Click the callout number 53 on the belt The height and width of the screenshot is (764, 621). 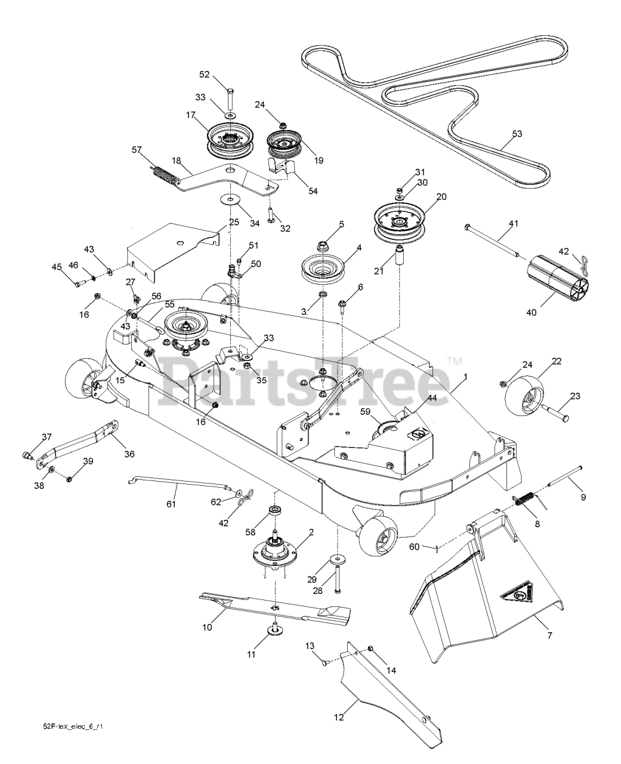[x=517, y=134]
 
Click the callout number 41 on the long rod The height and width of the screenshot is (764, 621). [x=513, y=224]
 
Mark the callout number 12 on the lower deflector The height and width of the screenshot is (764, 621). [x=339, y=717]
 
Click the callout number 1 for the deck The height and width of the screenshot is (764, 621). [x=465, y=377]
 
